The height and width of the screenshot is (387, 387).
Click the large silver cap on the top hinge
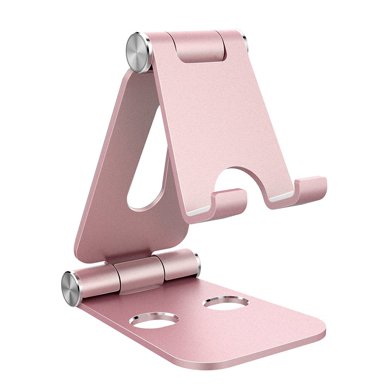(138, 52)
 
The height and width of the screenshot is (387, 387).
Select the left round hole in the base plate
(154, 320)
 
